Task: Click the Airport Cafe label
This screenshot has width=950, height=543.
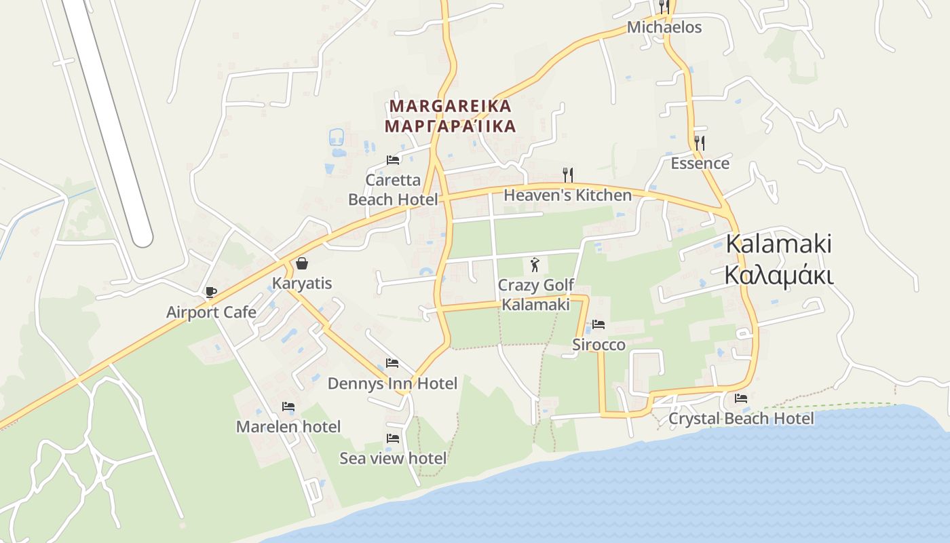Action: pos(211,312)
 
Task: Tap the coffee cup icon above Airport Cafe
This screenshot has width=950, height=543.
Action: pos(210,293)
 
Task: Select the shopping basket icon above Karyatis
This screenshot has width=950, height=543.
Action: pos(302,263)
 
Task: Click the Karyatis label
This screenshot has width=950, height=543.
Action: pos(302,283)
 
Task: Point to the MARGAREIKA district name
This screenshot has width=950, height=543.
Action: pos(451,107)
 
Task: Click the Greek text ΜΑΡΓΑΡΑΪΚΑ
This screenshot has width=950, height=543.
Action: pos(451,126)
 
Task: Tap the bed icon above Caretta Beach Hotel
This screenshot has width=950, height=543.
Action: pos(393,160)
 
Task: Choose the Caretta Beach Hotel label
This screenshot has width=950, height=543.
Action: pos(393,189)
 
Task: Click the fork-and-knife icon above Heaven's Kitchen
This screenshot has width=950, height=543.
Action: pos(568,175)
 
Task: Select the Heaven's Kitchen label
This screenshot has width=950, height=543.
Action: pos(567,195)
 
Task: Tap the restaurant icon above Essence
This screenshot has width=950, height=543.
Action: pos(700,143)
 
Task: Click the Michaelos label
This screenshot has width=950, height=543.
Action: pos(664,28)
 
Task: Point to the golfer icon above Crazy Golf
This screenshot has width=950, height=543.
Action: pos(535,264)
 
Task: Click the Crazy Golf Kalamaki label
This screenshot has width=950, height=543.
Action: pos(535,295)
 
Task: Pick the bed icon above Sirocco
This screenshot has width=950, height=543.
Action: pos(598,324)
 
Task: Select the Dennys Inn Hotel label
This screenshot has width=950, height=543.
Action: pos(392,383)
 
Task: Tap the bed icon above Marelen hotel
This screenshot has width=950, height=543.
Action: pos(288,407)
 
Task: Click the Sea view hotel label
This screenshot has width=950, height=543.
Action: pos(393,458)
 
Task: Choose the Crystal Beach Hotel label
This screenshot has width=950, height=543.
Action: pos(741,418)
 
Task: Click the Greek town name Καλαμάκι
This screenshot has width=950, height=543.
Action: pos(778,276)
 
